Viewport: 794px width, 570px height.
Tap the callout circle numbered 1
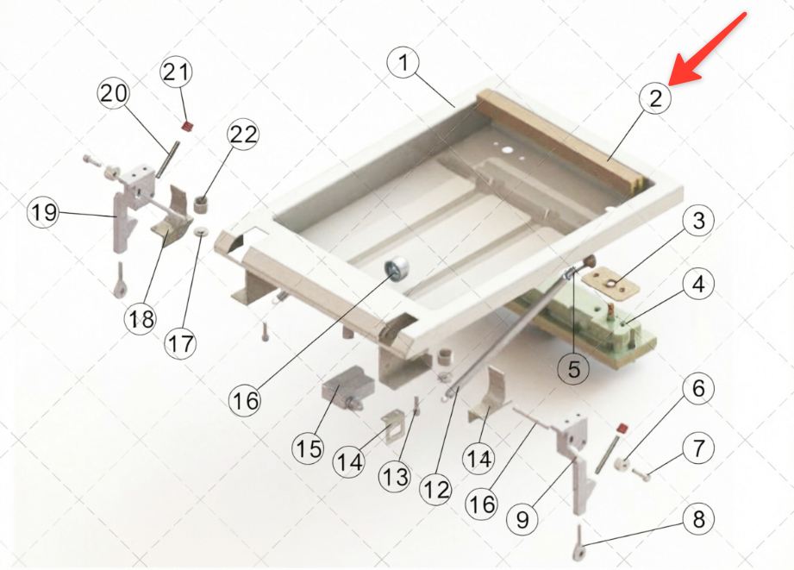403,62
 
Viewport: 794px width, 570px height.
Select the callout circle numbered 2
655,97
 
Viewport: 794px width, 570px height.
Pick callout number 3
698,221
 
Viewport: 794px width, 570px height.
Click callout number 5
573,369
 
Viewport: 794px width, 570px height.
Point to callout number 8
698,519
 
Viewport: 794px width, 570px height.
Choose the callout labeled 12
436,490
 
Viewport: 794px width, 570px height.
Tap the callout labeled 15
309,448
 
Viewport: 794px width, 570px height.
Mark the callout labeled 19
44,211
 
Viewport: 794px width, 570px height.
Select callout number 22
244,135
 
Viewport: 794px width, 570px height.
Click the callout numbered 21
176,72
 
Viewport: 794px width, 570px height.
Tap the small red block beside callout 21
188,126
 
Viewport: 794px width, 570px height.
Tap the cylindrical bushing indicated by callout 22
202,206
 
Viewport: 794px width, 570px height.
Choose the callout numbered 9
522,519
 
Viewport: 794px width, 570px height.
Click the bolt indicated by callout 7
641,476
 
